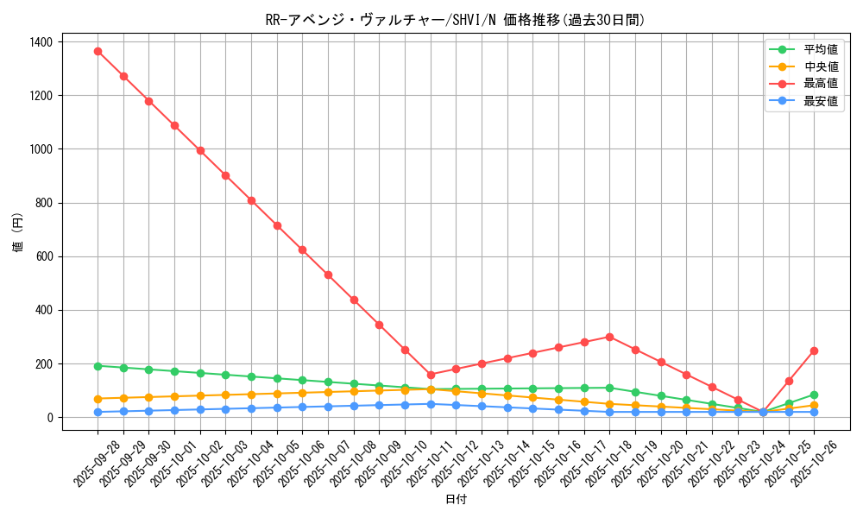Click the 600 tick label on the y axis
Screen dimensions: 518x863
pos(43,256)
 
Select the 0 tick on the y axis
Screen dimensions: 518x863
pos(49,418)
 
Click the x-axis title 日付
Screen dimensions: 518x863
pos(456,500)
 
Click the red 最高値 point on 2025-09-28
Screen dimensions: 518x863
pos(98,51)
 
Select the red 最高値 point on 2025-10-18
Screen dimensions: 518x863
pos(609,337)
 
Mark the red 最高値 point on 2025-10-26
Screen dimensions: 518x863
pos(814,351)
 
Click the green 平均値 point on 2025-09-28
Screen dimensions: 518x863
pos(98,366)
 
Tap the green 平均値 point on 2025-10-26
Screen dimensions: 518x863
pos(814,395)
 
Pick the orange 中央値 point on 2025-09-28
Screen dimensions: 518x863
pos(98,399)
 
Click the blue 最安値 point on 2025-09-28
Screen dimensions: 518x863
pos(98,412)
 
